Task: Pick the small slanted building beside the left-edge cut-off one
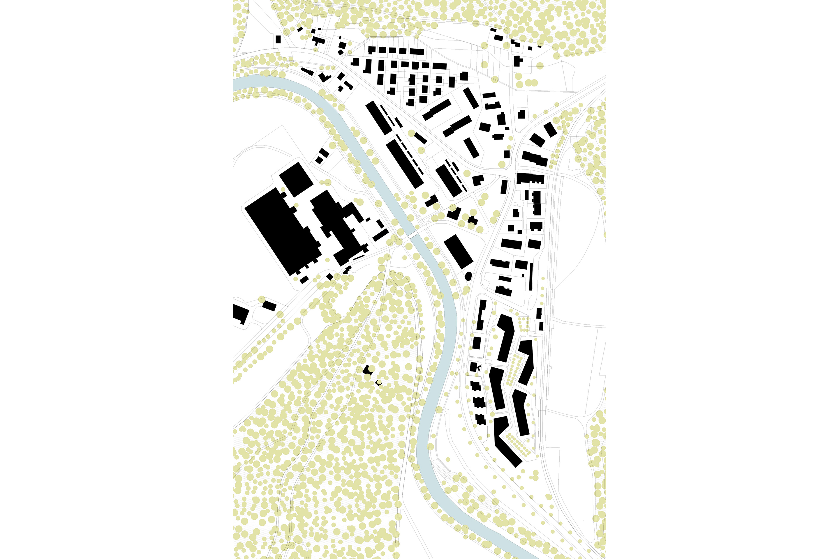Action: point(269,306)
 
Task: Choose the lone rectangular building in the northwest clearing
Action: point(278,39)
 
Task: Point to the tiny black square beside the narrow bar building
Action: point(523,275)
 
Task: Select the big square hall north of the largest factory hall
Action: point(296,179)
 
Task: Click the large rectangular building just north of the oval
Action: point(458,251)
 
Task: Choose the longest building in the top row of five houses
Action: point(417,52)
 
